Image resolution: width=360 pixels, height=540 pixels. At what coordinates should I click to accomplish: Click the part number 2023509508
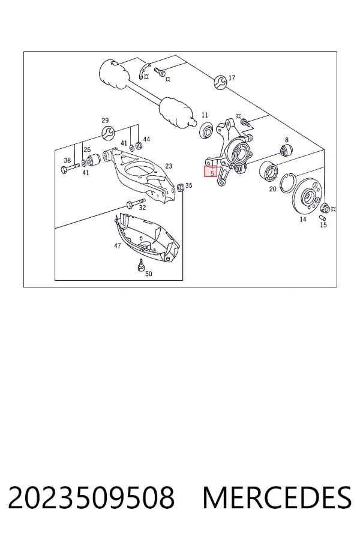(x=91, y=497)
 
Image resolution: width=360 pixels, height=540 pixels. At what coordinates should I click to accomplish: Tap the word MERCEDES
(x=277, y=497)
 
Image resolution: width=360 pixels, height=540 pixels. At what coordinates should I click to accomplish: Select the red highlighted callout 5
(x=211, y=172)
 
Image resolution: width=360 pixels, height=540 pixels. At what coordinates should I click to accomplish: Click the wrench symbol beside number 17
(x=220, y=82)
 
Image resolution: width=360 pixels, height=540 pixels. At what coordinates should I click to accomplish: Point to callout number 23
(x=169, y=166)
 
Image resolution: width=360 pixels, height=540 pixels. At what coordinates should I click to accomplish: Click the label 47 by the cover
(x=117, y=245)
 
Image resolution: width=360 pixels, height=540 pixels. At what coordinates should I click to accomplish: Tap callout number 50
(x=148, y=274)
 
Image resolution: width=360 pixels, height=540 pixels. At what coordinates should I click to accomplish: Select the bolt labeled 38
(x=70, y=169)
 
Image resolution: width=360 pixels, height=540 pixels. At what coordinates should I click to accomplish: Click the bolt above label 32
(x=136, y=203)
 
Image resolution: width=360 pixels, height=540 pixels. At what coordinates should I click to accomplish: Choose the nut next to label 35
(x=179, y=187)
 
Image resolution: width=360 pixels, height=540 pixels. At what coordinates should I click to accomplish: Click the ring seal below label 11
(x=206, y=129)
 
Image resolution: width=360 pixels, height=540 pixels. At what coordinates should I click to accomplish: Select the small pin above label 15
(x=322, y=218)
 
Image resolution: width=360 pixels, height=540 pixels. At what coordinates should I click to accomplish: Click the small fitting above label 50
(x=140, y=265)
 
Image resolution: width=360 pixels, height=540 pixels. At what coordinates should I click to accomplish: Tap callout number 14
(x=303, y=219)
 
